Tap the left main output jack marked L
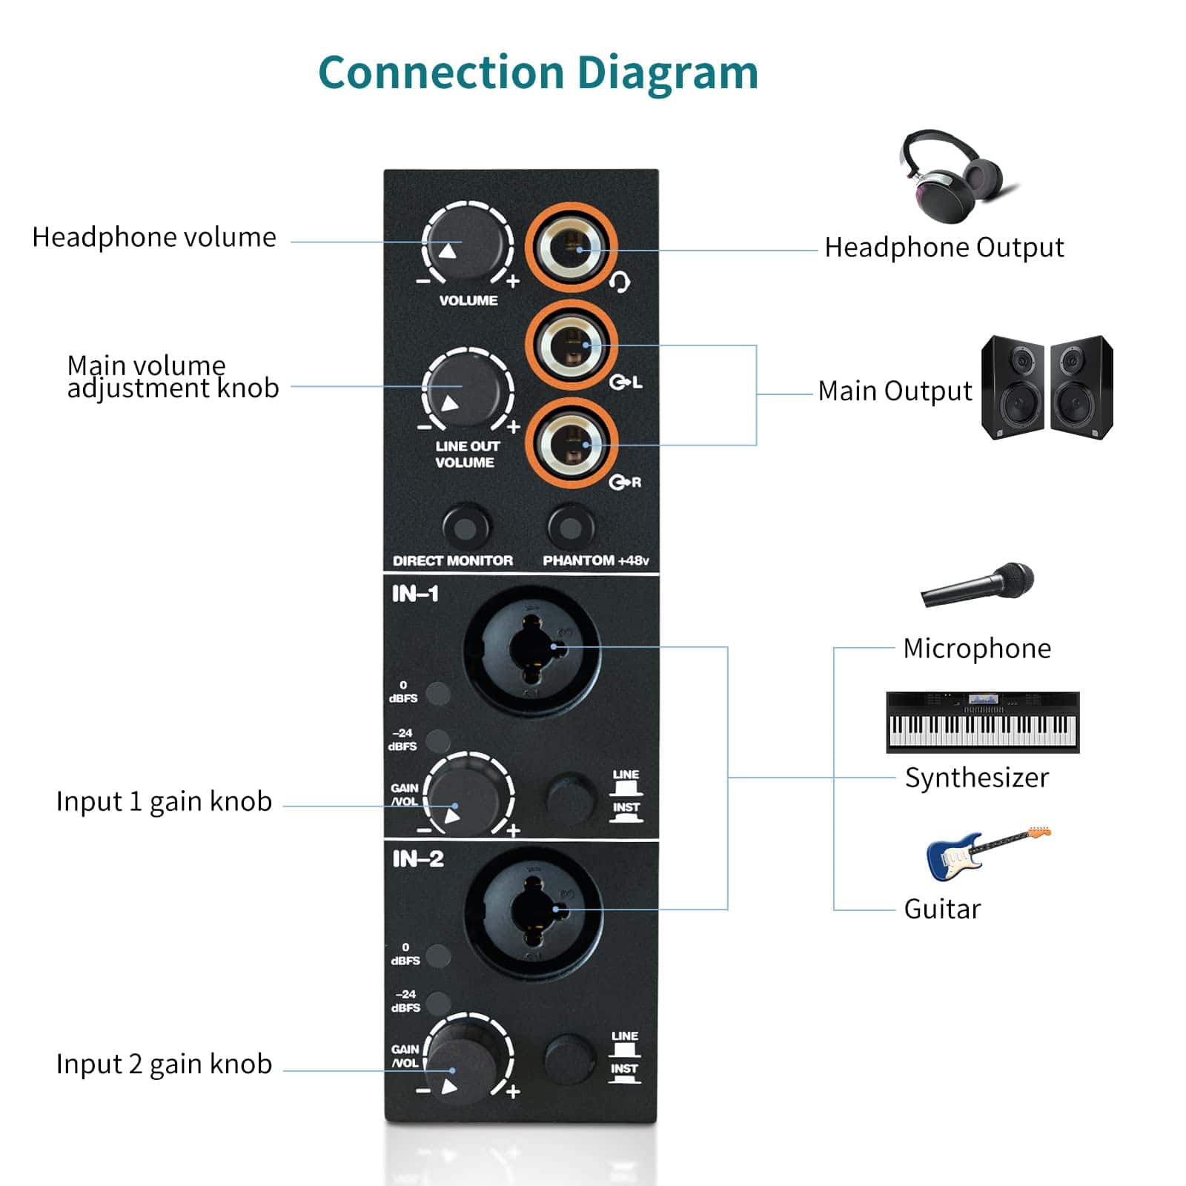point(572,345)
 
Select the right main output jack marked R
point(572,445)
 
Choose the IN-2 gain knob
point(466,1060)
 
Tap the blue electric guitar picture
point(986,852)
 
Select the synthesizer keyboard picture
point(982,722)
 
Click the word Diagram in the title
point(667,73)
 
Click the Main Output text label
point(895,391)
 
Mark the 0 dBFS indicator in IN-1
point(438,693)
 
